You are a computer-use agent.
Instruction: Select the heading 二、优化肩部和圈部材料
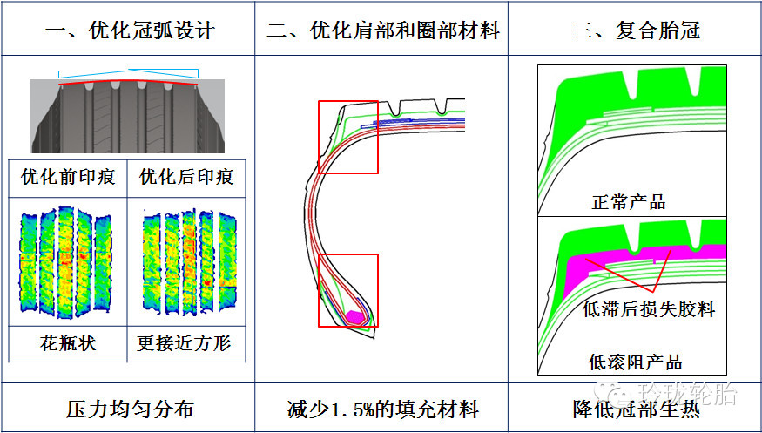[383, 32]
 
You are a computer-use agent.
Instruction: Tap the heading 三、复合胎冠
[637, 32]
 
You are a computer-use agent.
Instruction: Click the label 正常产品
[629, 202]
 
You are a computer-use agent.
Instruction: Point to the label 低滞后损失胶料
[649, 309]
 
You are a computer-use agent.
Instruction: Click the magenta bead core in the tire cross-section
[354, 316]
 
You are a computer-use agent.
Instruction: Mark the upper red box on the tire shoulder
[348, 137]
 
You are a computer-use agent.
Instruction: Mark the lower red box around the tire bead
[348, 291]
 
